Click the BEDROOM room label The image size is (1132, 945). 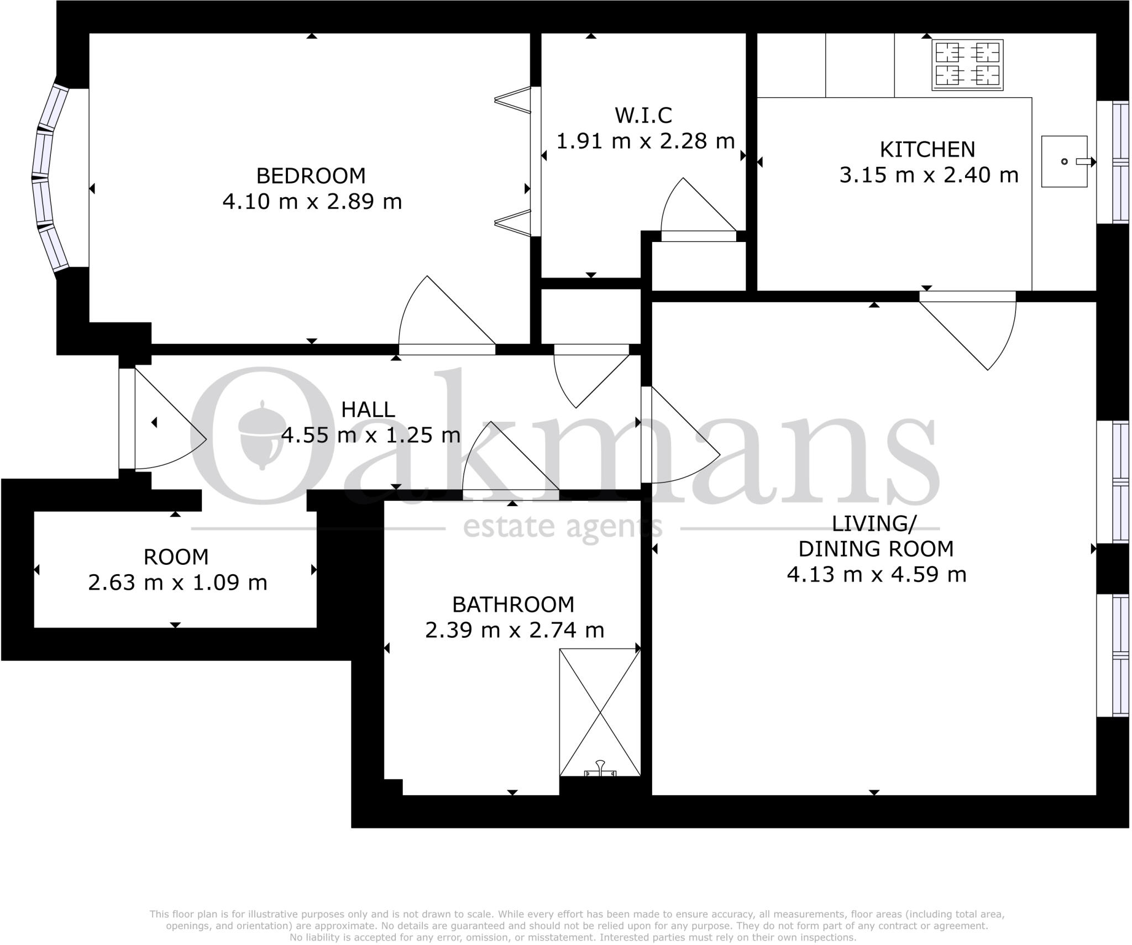tap(311, 176)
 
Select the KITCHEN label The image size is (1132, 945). tap(927, 150)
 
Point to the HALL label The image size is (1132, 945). tap(368, 410)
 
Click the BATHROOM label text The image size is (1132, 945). tap(513, 605)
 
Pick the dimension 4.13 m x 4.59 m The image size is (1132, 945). tap(877, 575)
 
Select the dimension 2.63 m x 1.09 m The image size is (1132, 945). tap(177, 582)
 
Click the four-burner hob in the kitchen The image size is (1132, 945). tap(967, 65)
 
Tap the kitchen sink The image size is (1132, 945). tap(1065, 161)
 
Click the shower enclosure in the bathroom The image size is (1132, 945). tap(600, 712)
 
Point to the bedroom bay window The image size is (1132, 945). tap(50, 178)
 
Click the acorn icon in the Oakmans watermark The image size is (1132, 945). tap(260, 434)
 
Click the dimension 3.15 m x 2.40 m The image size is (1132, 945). tap(929, 175)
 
